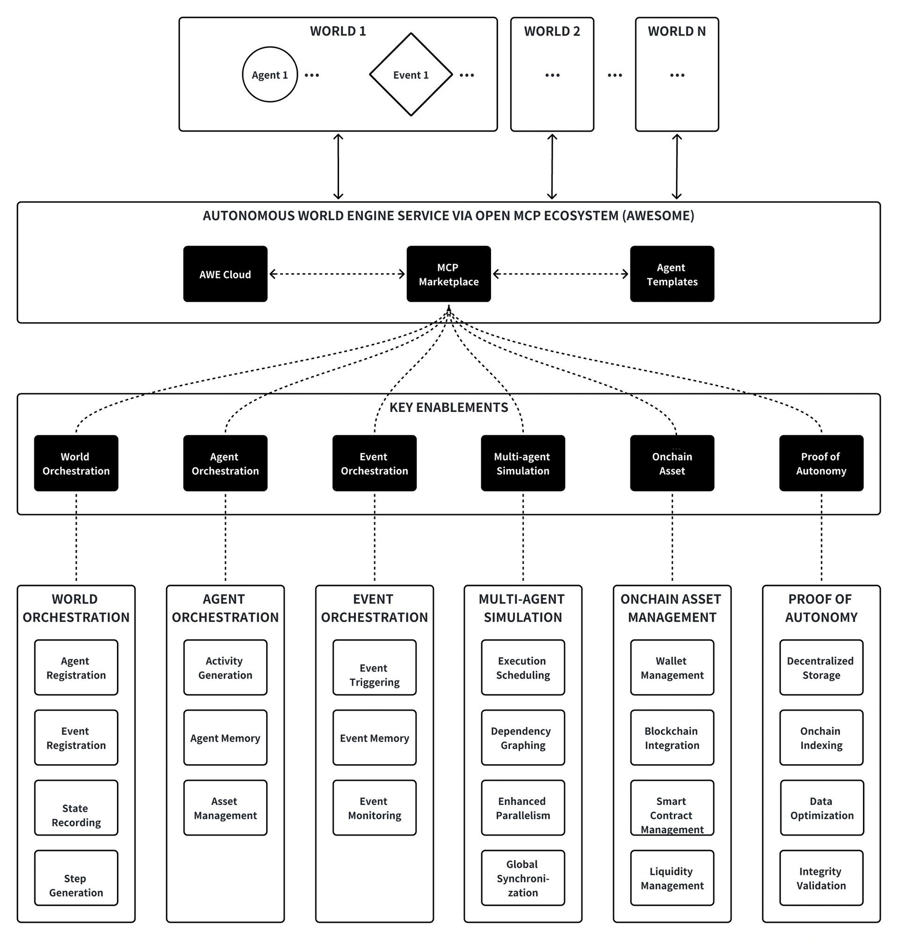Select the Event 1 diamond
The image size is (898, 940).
(411, 74)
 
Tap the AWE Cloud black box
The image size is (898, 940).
(225, 274)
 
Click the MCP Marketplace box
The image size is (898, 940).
(449, 274)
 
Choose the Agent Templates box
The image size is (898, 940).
(672, 274)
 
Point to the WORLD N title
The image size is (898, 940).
(677, 31)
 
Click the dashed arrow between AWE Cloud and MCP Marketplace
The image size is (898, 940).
(337, 274)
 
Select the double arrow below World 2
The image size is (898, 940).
(552, 166)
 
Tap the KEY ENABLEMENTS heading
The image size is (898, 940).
(449, 407)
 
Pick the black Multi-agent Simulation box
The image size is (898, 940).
(523, 463)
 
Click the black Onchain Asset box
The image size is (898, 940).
(672, 463)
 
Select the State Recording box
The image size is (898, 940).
(76, 808)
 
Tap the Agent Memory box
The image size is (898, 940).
(225, 738)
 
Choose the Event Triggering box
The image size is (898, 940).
(374, 667)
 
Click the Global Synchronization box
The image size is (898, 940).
(523, 878)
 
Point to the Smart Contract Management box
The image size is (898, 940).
(672, 808)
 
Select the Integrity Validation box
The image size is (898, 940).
(821, 878)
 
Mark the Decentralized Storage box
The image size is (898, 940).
(821, 667)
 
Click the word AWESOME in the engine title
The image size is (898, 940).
(658, 216)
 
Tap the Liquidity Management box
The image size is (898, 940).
(672, 878)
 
